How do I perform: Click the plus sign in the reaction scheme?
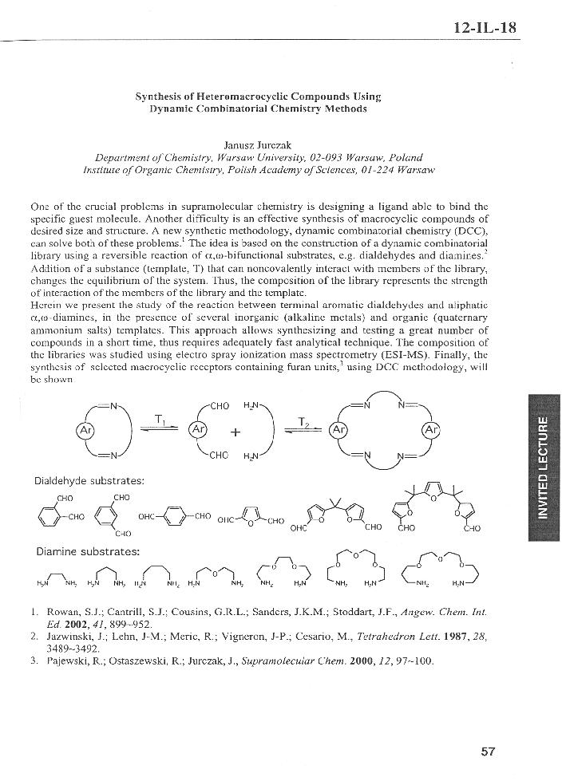[235, 433]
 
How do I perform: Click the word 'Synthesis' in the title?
[156, 97]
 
